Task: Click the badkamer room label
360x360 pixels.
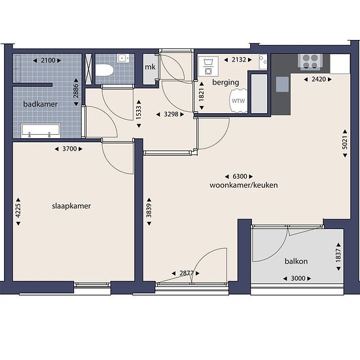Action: pyautogui.click(x=41, y=104)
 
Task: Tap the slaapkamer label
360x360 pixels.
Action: pyautogui.click(x=71, y=206)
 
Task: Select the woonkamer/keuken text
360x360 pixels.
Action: pyautogui.click(x=243, y=185)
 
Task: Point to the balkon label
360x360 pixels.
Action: pyautogui.click(x=296, y=261)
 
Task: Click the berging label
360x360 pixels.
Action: pyautogui.click(x=226, y=82)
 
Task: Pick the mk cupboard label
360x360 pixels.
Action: pyautogui.click(x=150, y=67)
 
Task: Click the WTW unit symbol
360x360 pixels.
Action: pyautogui.click(x=238, y=101)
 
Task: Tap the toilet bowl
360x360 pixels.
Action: pyautogui.click(x=105, y=70)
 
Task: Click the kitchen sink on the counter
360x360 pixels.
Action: pyautogui.click(x=282, y=84)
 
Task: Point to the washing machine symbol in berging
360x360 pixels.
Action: pyautogui.click(x=208, y=66)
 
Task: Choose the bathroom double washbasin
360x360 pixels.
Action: pyautogui.click(x=41, y=131)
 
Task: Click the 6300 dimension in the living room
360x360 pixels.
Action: pyautogui.click(x=239, y=176)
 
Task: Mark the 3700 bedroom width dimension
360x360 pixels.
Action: pyautogui.click(x=69, y=149)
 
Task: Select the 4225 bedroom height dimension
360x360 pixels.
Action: pyautogui.click(x=18, y=211)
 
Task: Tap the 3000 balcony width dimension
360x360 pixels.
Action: pyautogui.click(x=297, y=278)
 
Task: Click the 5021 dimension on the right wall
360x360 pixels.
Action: pyautogui.click(x=345, y=143)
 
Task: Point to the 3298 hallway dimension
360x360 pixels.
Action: pyautogui.click(x=170, y=114)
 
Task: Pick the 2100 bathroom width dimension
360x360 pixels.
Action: pyautogui.click(x=47, y=60)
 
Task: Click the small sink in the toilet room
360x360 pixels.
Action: pyautogui.click(x=123, y=58)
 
